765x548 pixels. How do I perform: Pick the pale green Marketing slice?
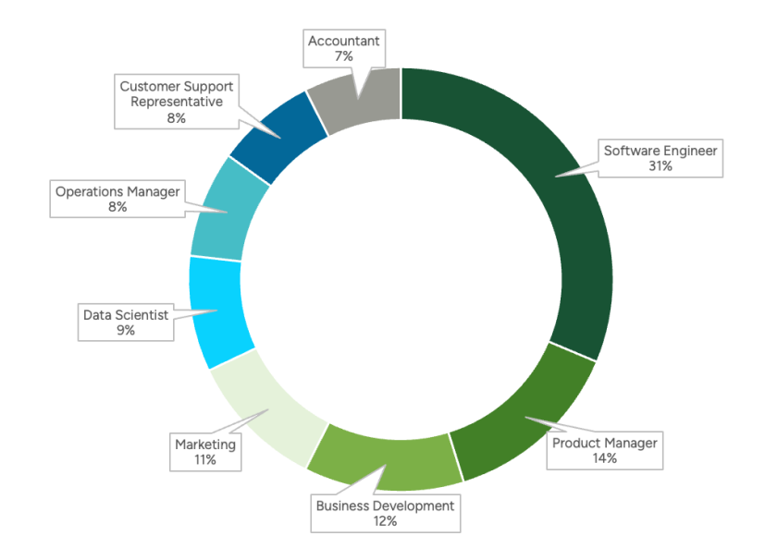click(x=264, y=407)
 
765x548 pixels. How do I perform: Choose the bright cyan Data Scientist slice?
click(x=218, y=310)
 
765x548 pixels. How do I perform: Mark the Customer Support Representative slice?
click(x=278, y=135)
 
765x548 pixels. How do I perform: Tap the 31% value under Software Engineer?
click(x=660, y=166)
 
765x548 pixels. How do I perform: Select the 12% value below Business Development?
click(x=385, y=521)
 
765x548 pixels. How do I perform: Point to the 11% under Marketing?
click(x=205, y=459)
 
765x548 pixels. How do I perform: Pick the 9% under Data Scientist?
click(x=126, y=330)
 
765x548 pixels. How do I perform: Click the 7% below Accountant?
click(x=344, y=56)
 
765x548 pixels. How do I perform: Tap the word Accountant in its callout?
click(x=344, y=41)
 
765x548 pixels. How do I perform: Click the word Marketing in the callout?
click(x=205, y=444)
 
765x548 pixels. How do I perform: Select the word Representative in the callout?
click(x=177, y=102)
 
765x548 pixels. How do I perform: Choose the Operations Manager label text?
click(x=117, y=191)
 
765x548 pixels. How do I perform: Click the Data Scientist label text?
click(x=126, y=314)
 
